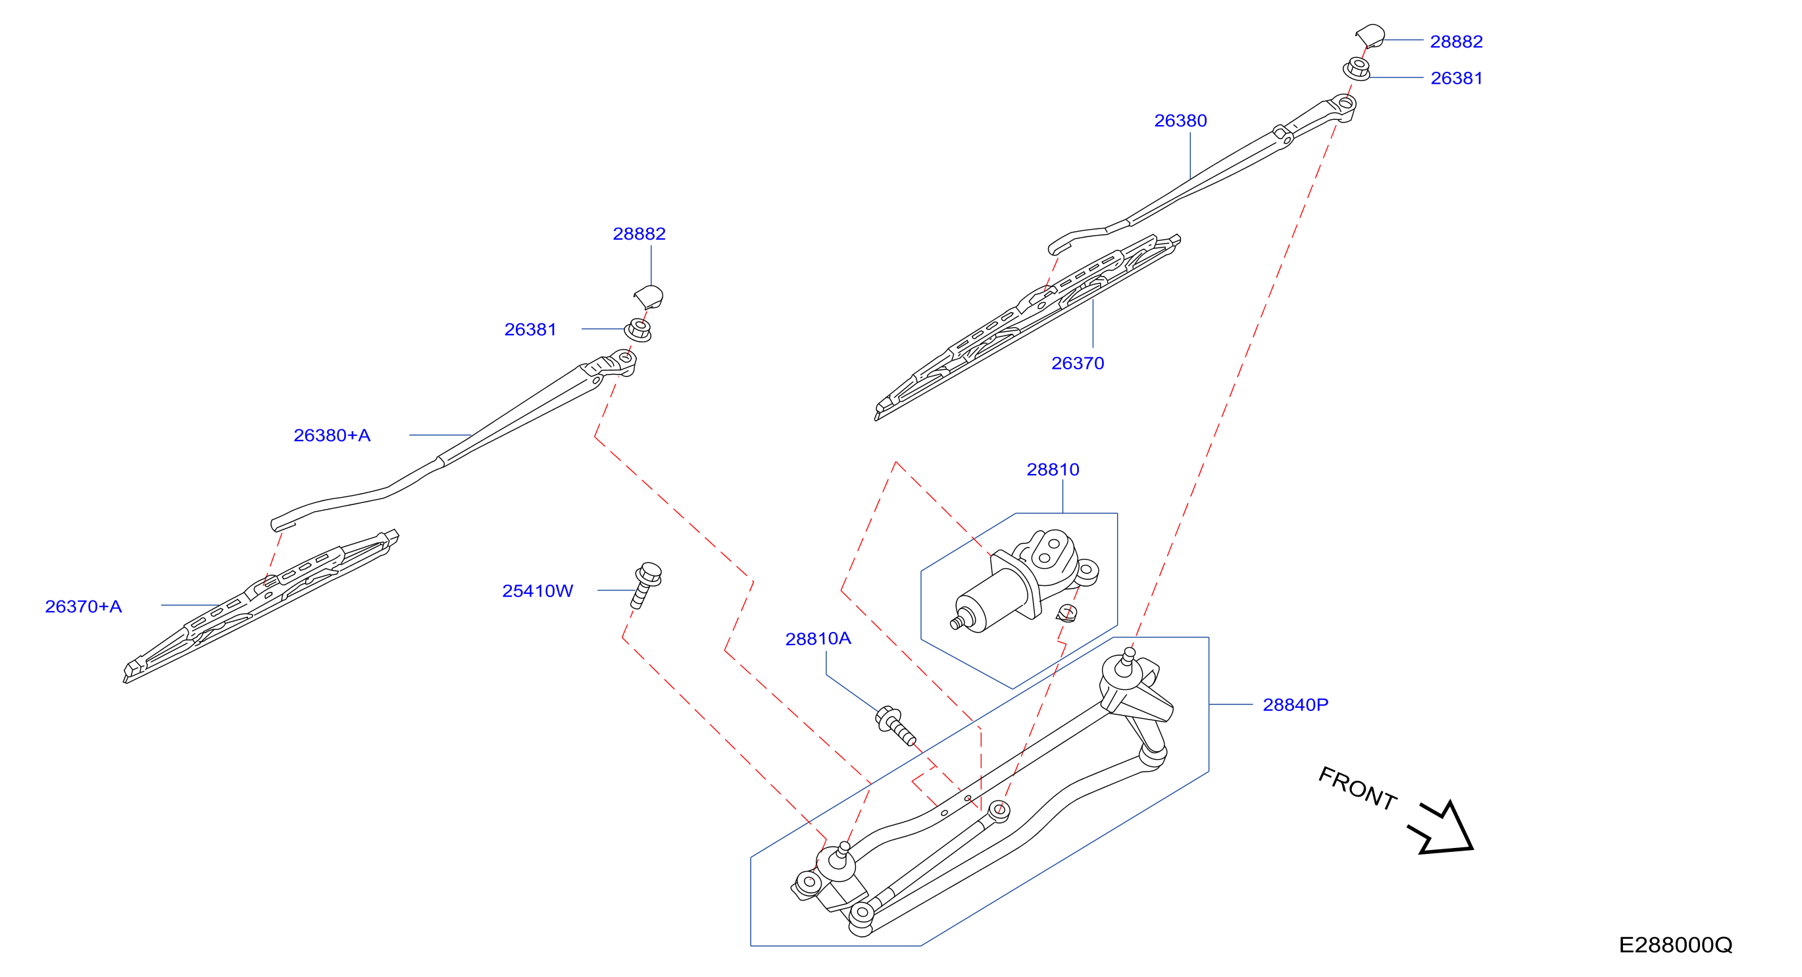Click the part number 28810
1053,469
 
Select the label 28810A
818,639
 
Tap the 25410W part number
538,591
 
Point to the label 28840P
1295,704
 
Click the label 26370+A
84,607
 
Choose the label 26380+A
332,435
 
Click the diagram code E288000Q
1676,945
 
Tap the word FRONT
1358,789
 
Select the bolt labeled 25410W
645,585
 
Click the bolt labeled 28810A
895,726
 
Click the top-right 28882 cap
1370,36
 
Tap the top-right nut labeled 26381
1357,68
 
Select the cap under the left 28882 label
649,297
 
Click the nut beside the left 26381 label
638,330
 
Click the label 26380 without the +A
1181,121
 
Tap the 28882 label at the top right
1457,42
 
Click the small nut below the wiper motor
1066,614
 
